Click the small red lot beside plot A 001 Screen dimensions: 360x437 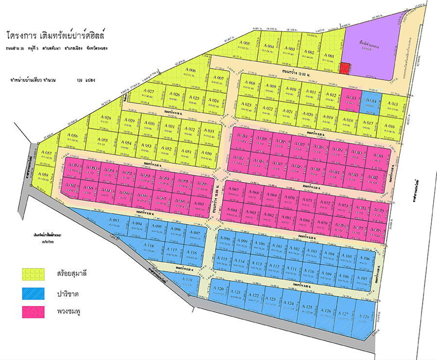pos(344,69)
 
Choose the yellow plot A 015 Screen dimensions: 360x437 pos(393,107)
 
